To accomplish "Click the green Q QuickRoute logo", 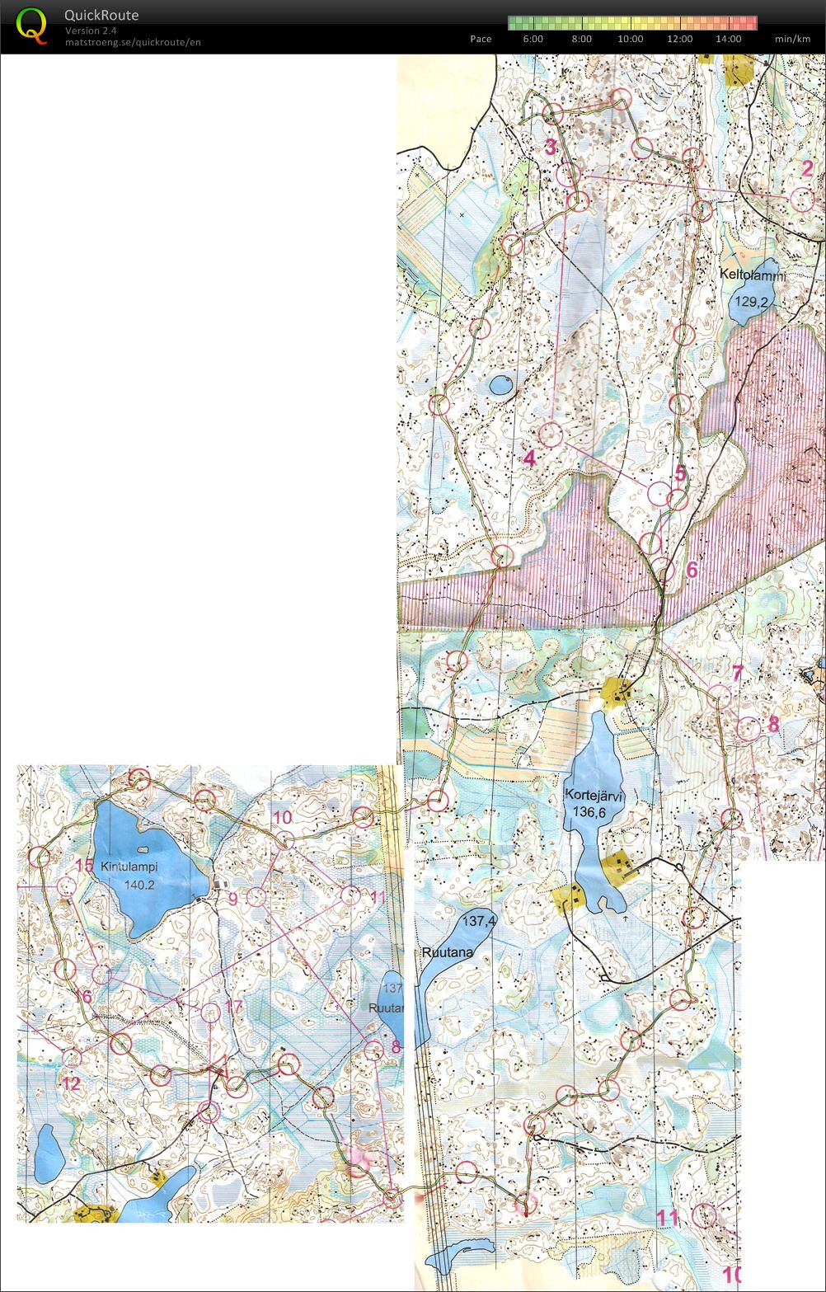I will coord(31,26).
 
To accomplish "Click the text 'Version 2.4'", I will coord(91,31).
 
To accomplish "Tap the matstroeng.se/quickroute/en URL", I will coord(133,42).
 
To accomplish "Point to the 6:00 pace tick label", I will coord(533,39).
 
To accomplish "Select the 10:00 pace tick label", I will coord(630,39).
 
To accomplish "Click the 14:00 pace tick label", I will coord(728,39).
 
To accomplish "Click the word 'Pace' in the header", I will coord(481,39).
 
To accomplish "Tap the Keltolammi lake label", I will coord(753,275).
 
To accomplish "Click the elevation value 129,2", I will coord(750,302).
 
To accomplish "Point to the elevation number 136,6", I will coord(590,812).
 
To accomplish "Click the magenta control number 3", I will coord(550,148).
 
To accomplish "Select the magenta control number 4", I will coord(529,458).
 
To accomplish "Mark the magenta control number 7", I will coord(737,674).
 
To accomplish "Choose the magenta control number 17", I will coord(233,1007).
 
